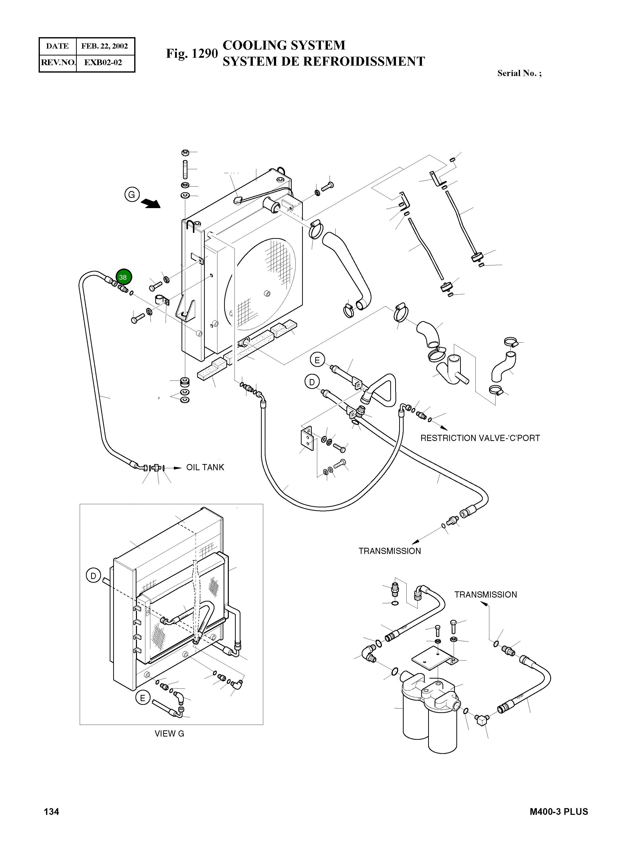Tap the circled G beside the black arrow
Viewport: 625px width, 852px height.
click(x=132, y=195)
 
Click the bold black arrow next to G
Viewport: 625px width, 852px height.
click(x=151, y=204)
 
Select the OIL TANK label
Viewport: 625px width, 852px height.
click(x=205, y=467)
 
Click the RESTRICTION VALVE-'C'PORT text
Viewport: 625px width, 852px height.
click(x=480, y=438)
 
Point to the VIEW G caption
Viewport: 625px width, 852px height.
click(x=169, y=734)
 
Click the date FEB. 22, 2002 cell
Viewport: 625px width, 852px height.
click(x=105, y=46)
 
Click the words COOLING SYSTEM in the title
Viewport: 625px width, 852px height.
click(x=284, y=45)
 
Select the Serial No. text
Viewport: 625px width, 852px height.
click(x=519, y=73)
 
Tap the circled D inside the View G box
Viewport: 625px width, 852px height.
click(x=93, y=576)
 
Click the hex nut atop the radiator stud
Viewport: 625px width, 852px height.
click(x=185, y=153)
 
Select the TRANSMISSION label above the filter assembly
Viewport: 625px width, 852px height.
click(x=485, y=595)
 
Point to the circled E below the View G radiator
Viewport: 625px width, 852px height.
click(x=143, y=698)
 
